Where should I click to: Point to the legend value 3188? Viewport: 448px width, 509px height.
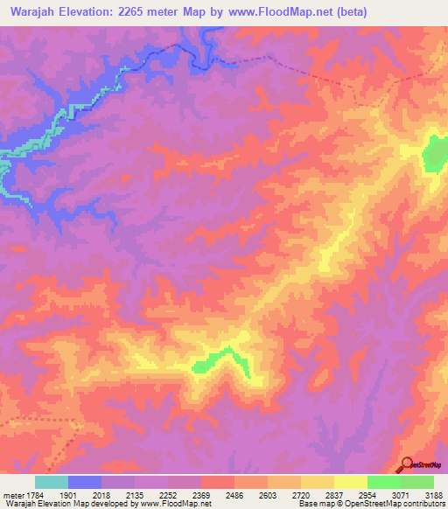pyautogui.click(x=431, y=494)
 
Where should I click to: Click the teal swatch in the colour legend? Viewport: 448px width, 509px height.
pyautogui.click(x=52, y=482)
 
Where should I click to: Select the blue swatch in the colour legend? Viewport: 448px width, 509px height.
pyautogui.click(x=85, y=482)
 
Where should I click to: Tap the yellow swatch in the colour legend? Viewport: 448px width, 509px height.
pyautogui.click(x=350, y=482)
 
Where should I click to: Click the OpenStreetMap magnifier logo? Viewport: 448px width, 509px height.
pyautogui.click(x=407, y=464)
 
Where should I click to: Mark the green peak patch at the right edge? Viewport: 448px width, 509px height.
pyautogui.click(x=435, y=154)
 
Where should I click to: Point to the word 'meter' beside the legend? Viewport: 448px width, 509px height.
pyautogui.click(x=13, y=494)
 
